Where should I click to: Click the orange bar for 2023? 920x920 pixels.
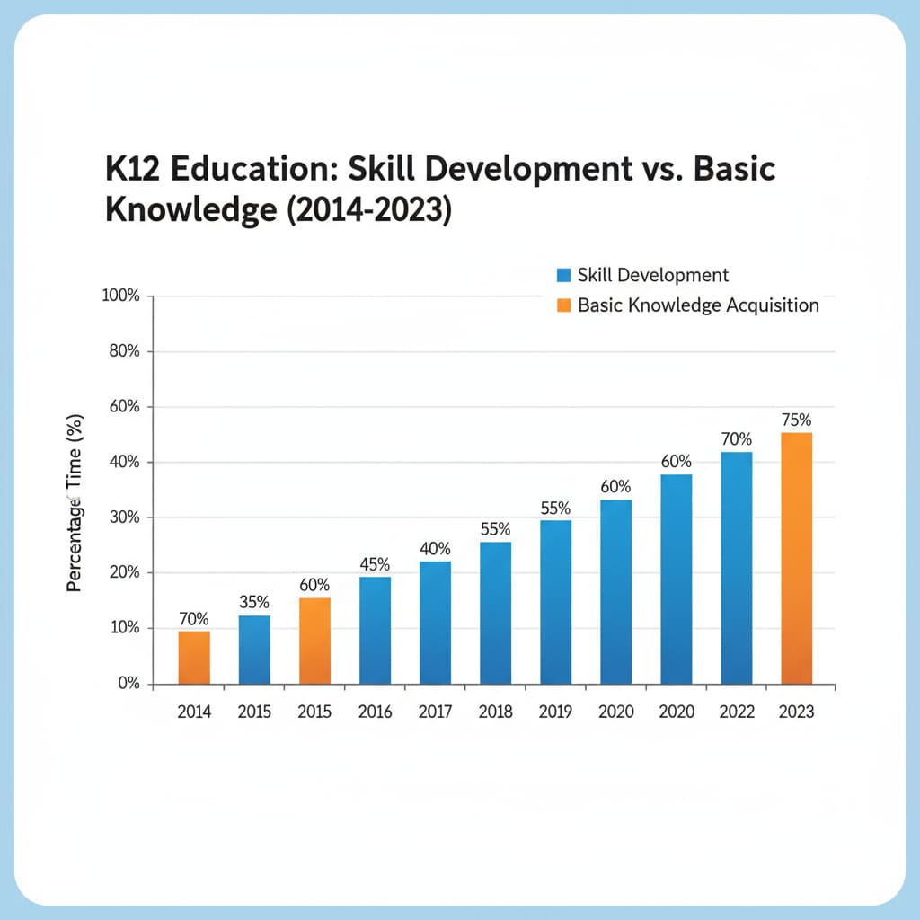point(796,558)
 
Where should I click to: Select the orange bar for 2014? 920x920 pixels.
point(194,657)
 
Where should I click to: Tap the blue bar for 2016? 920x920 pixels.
point(375,630)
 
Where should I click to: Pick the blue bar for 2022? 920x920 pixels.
point(736,567)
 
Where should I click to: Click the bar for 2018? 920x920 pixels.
point(495,612)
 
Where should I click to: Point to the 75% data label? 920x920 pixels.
point(796,420)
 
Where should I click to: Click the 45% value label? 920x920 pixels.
point(375,564)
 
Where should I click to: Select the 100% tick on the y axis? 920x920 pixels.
point(122,296)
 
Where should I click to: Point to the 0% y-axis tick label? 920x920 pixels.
point(128,684)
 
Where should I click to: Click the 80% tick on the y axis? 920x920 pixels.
point(125,352)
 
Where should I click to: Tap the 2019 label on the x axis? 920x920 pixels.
point(555,712)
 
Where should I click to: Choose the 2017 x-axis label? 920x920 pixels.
point(435,712)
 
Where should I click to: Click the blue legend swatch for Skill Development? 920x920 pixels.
point(564,276)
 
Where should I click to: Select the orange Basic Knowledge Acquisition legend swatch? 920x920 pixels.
point(564,305)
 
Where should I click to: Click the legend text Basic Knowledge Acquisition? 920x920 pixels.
point(698,305)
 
